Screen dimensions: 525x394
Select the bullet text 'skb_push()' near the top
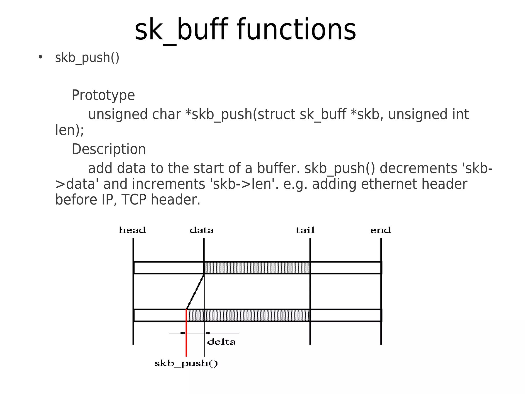87,58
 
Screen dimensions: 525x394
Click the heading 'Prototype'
103,95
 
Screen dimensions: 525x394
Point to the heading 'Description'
109,149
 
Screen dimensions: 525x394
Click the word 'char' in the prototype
166,114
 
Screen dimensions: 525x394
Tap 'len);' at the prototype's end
69,130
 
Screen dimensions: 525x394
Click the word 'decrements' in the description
418,168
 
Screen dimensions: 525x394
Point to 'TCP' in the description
134,200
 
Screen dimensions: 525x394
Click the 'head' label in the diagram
132,230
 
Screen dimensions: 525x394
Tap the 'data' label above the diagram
201,230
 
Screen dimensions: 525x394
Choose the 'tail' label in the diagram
305,230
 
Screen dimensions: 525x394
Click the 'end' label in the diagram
381,230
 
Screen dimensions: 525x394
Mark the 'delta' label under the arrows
221,342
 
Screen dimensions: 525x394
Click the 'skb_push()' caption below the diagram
186,364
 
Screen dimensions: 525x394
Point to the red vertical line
186,340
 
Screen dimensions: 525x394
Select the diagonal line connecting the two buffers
195,292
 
